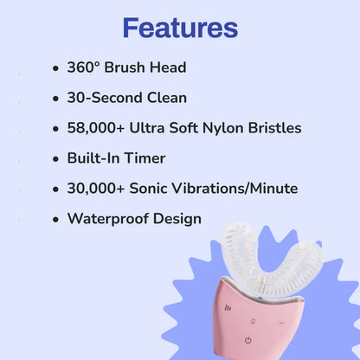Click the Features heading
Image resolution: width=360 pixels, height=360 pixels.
pos(180,28)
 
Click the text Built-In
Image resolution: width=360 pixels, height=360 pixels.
pos(97,158)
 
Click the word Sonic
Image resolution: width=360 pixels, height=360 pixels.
pos(153,189)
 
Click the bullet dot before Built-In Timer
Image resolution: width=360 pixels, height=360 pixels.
pos(55,159)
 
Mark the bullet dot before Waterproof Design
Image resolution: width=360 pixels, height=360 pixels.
pos(55,220)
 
